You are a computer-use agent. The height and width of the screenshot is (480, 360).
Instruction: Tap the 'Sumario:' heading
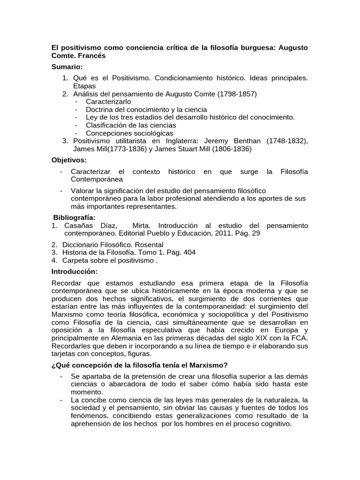pos(67,67)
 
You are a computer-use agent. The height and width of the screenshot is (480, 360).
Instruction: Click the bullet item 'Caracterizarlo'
pos(109,101)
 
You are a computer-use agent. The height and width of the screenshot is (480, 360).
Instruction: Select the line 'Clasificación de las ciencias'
pos(131,125)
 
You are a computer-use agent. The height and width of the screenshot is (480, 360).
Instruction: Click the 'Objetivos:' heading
pos(69,160)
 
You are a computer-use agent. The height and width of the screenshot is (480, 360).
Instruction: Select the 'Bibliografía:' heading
pos(74,217)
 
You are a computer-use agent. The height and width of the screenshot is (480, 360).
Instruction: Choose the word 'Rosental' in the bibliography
pos(148,244)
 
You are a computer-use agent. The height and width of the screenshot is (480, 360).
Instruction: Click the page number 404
pos(189,252)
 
